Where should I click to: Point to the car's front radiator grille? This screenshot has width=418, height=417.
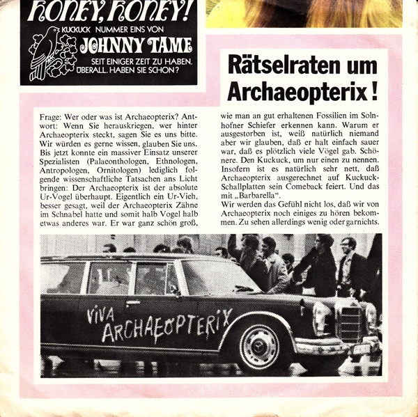(348, 324)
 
